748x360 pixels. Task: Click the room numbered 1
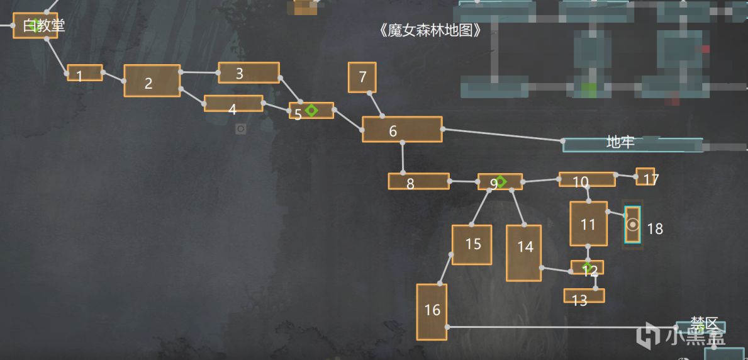tap(85, 73)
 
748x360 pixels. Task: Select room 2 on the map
tap(152, 81)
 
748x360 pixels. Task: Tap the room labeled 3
tap(248, 73)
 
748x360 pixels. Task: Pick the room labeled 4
tap(233, 104)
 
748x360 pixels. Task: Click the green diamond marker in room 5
tap(311, 111)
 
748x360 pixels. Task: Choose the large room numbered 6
tap(402, 130)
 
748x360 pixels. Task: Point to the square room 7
tap(362, 77)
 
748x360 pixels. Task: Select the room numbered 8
tap(418, 181)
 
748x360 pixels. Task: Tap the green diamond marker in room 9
tap(501, 181)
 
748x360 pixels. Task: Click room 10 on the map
tap(587, 180)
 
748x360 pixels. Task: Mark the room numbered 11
tap(588, 223)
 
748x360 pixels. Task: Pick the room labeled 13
tap(584, 296)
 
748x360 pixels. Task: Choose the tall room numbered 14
tap(524, 252)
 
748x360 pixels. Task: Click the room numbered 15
tap(471, 245)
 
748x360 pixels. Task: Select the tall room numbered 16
tap(432, 312)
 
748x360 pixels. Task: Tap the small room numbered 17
tap(645, 177)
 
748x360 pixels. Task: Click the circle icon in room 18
tap(633, 225)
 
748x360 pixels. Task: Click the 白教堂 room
tap(36, 26)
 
